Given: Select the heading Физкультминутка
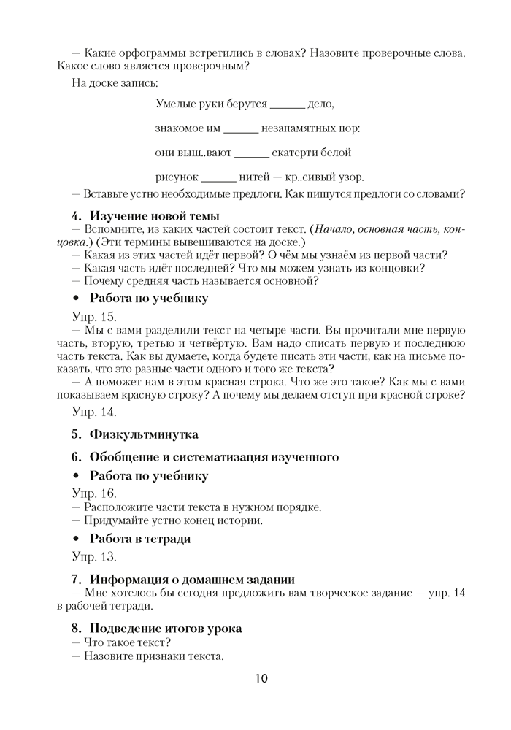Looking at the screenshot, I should coord(144,434).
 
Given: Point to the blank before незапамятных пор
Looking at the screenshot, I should coord(240,130).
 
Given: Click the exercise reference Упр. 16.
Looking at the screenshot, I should coord(93,493).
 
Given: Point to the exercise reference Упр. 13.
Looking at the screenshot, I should coord(93,557).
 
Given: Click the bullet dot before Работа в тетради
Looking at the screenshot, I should coord(76,539).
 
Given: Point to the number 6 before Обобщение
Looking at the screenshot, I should coord(75,458).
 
